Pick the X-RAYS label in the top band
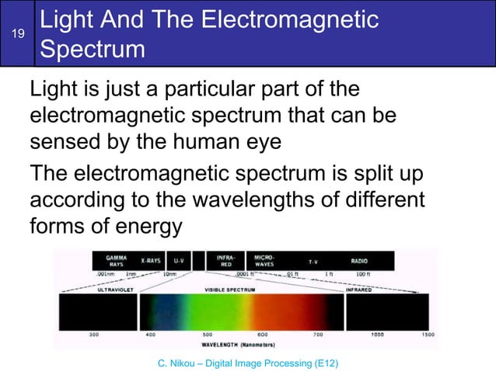150,260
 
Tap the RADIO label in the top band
359,262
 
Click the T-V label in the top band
313,262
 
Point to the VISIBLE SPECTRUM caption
227,289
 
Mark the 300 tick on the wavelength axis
93,335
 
